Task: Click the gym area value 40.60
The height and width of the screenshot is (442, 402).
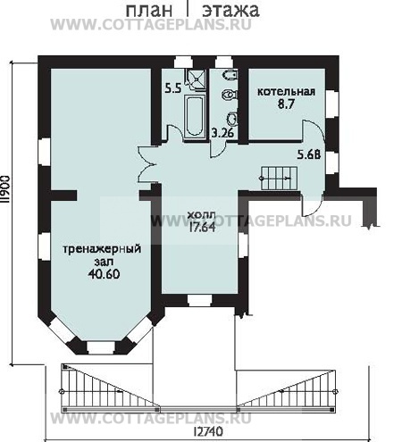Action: click(104, 274)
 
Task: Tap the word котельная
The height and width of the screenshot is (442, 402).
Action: click(286, 91)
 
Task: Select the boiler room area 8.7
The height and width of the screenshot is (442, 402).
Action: click(286, 104)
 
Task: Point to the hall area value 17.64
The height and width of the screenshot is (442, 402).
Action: click(203, 227)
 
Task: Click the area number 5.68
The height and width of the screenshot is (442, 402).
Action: click(309, 154)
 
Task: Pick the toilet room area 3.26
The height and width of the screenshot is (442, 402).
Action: click(222, 133)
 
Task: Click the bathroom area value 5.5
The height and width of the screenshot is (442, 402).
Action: click(173, 88)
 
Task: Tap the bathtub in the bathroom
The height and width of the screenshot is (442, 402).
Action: click(195, 116)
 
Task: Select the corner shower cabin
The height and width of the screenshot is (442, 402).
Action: click(196, 79)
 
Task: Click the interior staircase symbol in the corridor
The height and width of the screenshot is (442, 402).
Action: click(280, 178)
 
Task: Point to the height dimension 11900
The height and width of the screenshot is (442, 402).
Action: click(5, 190)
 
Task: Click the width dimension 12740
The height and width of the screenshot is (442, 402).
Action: click(208, 431)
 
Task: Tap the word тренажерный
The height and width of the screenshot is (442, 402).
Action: click(102, 249)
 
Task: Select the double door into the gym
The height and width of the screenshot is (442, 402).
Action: click(146, 163)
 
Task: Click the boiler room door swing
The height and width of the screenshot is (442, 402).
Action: click(313, 131)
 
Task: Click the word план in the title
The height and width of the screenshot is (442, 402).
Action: click(149, 10)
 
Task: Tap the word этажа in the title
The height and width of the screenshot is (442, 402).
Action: click(230, 10)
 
